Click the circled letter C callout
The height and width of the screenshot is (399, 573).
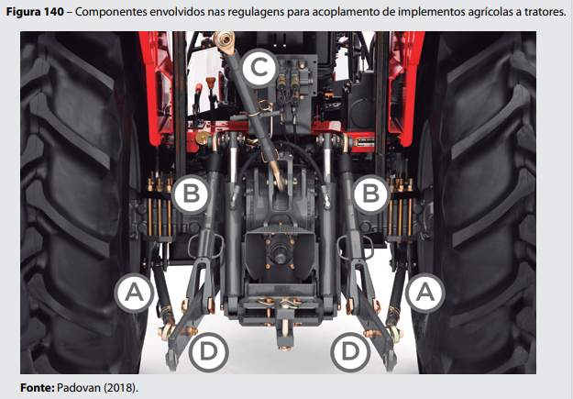259,68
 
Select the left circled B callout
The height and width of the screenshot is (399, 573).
191,194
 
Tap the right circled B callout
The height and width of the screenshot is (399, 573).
371,194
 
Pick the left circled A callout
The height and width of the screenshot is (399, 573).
134,293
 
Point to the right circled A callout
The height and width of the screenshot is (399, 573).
425,293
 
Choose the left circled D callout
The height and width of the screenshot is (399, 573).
209,352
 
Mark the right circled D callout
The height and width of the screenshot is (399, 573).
350,352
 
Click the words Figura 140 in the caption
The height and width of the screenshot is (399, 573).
35,12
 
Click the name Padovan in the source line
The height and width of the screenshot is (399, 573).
79,388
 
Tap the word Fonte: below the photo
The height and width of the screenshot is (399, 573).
38,388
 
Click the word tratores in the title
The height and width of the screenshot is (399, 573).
544,12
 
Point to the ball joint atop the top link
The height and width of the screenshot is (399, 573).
224,39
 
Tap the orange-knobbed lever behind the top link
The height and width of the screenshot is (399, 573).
211,83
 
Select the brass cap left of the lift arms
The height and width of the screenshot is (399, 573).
202,138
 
